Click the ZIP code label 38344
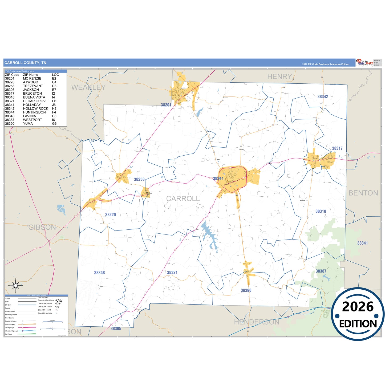point(218,179)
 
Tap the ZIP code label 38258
point(139,179)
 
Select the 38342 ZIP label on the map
point(323,96)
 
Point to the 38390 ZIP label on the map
point(246,290)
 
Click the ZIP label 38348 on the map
point(99,273)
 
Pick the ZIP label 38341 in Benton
point(362,243)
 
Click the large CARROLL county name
point(183,198)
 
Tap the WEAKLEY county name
point(88,87)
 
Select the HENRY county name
point(279,77)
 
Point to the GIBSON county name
point(42,227)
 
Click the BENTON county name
point(363,193)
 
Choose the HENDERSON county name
point(257,322)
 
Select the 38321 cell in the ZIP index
point(10,101)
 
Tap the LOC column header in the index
point(55,75)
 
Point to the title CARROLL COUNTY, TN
point(25,63)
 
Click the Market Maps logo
point(364,63)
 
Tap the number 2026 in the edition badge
point(358,307)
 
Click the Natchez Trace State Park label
point(326,314)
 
